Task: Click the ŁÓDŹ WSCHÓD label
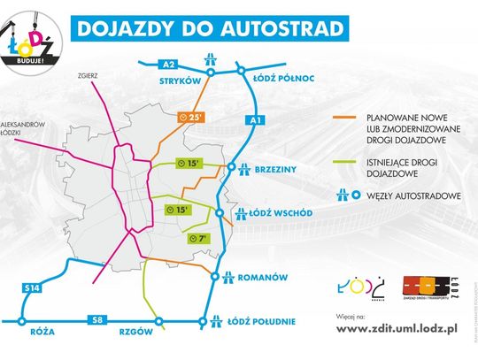click(x=284, y=213)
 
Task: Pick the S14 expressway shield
click(x=32, y=287)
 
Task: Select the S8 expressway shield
click(x=95, y=319)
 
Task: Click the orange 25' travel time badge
click(x=190, y=117)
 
